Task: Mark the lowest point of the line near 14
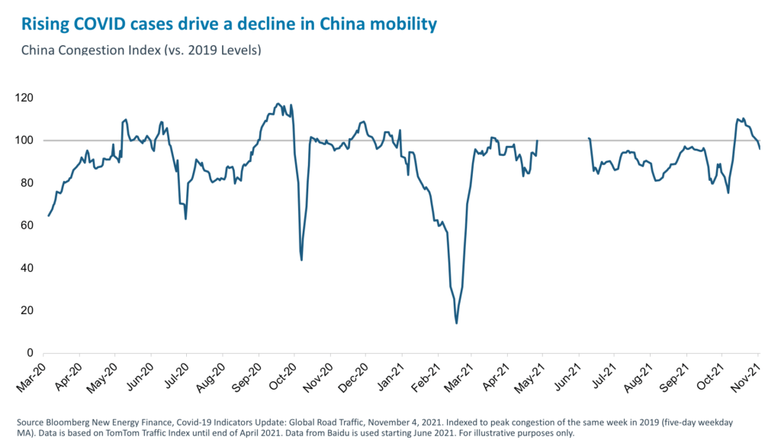(x=456, y=323)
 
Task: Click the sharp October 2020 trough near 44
(x=301, y=260)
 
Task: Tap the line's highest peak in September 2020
(x=278, y=103)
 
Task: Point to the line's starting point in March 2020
(x=49, y=215)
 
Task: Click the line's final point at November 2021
(x=760, y=148)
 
